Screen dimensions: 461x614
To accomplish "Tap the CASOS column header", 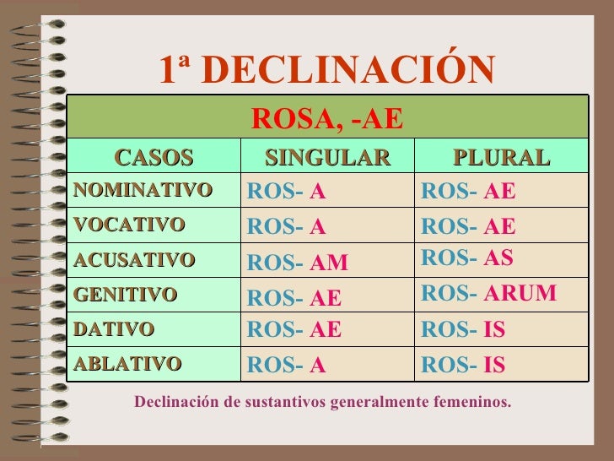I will [154, 158].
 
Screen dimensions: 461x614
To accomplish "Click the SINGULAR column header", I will [327, 158].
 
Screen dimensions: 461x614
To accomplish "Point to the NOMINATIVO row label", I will [142, 191].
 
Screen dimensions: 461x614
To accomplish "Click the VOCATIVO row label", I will [128, 225].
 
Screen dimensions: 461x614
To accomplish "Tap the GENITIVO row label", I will [125, 295].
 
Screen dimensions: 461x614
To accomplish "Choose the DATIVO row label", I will [114, 329].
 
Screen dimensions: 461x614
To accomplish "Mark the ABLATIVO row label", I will [127, 364].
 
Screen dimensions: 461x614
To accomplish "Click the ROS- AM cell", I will [297, 263].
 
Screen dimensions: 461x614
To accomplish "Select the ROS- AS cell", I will [466, 258].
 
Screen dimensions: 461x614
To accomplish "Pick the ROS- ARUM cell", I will [488, 293].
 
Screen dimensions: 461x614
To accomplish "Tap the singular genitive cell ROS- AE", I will [294, 298].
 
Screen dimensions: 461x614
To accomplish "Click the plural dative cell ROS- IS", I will [463, 329].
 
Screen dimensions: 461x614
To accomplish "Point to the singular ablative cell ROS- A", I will [286, 366].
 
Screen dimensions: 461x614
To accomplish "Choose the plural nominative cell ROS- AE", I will [468, 193].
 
